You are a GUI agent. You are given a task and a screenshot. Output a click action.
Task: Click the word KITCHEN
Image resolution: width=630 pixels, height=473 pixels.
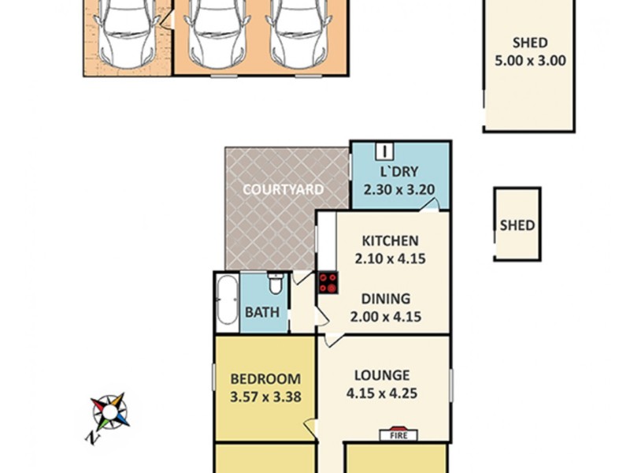click(x=390, y=241)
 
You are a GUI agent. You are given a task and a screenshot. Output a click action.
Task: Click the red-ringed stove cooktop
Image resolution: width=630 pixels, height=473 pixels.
click(x=328, y=283)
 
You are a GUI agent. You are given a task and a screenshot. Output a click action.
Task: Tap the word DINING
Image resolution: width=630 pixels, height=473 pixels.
click(x=386, y=299)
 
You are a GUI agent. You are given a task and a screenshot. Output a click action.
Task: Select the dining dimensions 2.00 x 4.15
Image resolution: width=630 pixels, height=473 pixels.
click(x=386, y=317)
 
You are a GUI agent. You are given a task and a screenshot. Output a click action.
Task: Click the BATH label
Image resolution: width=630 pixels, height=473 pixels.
click(x=262, y=312)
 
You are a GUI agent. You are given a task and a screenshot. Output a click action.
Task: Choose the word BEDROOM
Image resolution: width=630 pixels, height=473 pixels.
click(x=265, y=378)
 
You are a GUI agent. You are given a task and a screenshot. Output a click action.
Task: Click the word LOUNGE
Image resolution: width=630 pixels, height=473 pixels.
click(x=381, y=375)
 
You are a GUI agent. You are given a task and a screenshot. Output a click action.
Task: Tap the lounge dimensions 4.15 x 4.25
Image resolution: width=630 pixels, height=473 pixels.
click(x=382, y=393)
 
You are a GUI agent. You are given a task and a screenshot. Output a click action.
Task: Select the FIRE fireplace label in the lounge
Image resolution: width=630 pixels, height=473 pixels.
click(x=399, y=434)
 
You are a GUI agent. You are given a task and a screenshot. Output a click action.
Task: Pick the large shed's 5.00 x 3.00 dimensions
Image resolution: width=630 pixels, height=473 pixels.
click(x=529, y=61)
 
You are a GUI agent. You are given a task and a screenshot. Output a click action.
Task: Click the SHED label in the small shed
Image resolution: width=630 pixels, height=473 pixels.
click(x=517, y=225)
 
